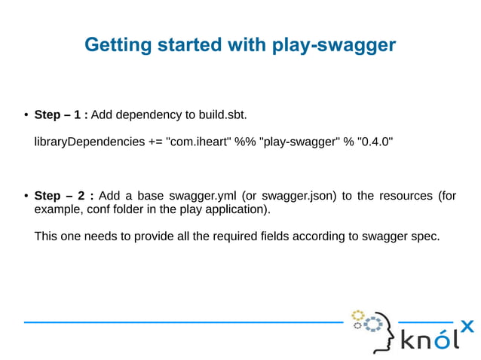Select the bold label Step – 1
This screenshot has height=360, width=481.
(x=62, y=115)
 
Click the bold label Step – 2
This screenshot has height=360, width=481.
(x=63, y=196)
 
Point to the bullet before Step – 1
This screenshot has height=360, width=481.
(x=26, y=115)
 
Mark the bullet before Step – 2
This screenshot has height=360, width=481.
(x=26, y=196)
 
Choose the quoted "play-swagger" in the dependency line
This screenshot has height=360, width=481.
(x=299, y=142)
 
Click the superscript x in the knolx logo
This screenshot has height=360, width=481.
(x=467, y=325)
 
